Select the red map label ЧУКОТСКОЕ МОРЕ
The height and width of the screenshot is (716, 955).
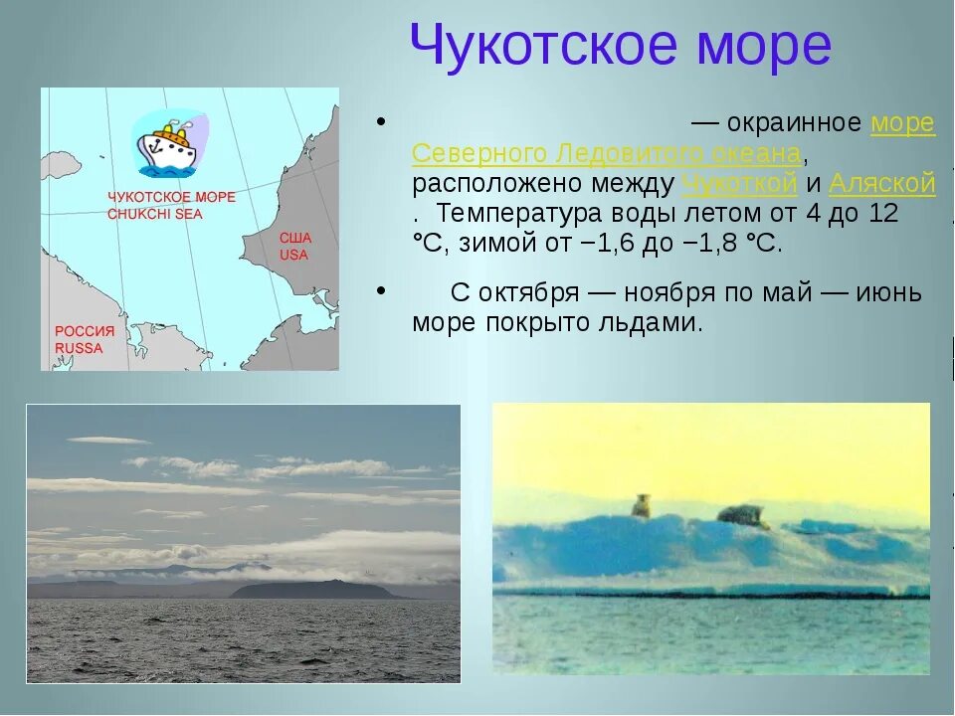[x=171, y=197]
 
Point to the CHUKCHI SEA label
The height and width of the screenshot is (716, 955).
[x=154, y=213]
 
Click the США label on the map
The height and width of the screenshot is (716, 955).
[x=295, y=238]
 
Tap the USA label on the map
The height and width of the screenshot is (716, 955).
[x=293, y=255]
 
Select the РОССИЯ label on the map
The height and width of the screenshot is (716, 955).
[x=85, y=331]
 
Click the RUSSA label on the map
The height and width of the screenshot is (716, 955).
[x=79, y=348]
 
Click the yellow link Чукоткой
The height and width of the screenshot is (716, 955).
[x=740, y=184]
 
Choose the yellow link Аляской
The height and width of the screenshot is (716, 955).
[x=882, y=184]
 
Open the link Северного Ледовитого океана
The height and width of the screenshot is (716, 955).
[x=607, y=154]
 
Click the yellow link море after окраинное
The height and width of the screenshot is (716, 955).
[x=902, y=123]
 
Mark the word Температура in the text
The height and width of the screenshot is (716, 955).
[x=517, y=214]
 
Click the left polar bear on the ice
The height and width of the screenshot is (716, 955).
[x=642, y=506]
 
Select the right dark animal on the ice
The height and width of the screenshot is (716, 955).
[x=741, y=514]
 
